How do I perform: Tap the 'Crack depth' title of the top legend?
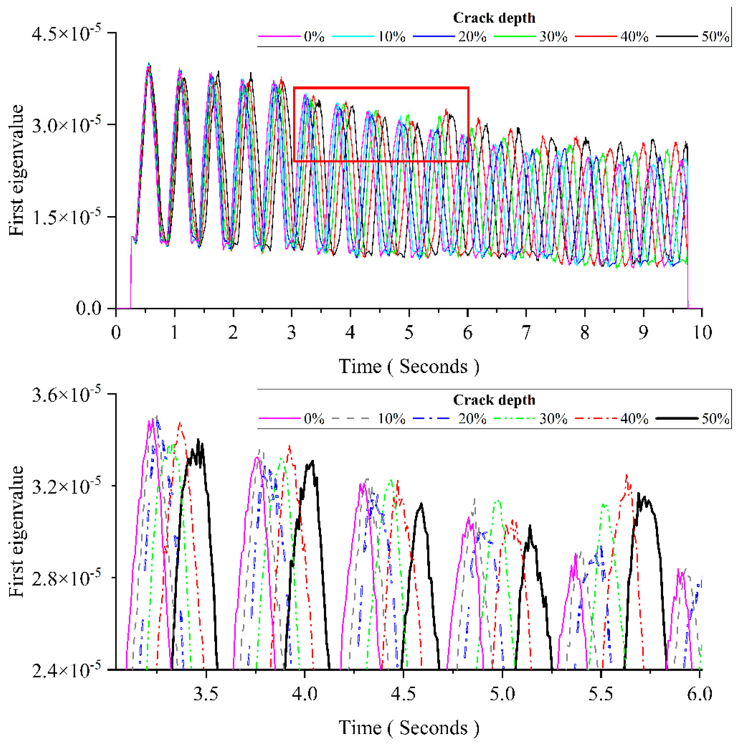494,18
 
